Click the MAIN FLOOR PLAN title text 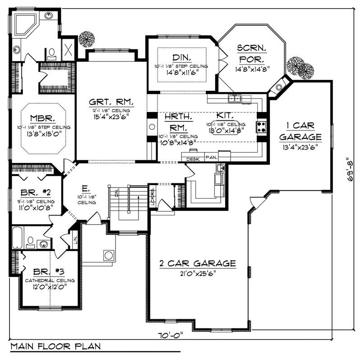(56, 347)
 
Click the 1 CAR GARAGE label (300, 131)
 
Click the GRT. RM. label (105, 102)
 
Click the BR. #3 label (49, 272)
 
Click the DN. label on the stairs (116, 193)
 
